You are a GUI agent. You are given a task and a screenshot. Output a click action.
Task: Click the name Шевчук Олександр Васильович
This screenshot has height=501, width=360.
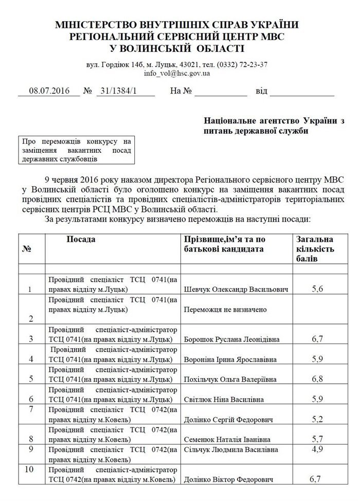click(235, 290)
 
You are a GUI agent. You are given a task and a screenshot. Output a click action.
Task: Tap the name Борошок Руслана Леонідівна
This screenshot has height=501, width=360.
click(231, 339)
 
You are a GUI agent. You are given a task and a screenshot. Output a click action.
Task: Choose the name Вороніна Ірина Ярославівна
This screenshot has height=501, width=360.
click(231, 359)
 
